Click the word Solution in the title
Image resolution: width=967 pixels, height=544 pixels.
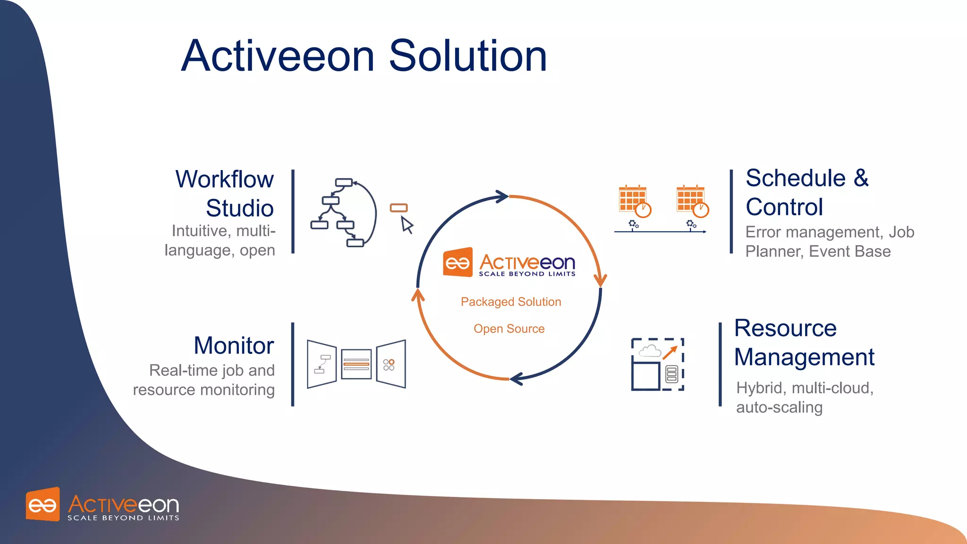click(x=467, y=56)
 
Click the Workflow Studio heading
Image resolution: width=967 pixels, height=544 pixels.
click(x=225, y=194)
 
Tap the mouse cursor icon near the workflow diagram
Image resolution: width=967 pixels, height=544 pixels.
click(x=407, y=225)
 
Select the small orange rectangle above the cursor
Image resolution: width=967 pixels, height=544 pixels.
click(x=399, y=208)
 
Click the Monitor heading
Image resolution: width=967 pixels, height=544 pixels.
click(x=234, y=345)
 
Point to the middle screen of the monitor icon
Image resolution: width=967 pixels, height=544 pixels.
click(x=356, y=364)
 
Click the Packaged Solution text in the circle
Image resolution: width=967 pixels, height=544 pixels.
click(x=511, y=302)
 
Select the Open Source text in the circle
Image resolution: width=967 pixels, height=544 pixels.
click(x=509, y=329)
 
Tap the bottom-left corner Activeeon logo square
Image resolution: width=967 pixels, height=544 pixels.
click(x=43, y=505)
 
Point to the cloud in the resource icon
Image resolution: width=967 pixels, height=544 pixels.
click(x=650, y=350)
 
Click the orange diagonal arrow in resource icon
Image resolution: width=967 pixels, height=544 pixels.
click(x=670, y=353)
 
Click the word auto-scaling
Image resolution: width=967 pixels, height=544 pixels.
click(x=779, y=407)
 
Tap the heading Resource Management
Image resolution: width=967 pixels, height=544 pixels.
click(x=804, y=342)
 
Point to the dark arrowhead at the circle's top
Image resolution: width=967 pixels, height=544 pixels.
click(x=501, y=196)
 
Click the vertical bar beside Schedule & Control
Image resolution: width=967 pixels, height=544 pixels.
click(x=731, y=211)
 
